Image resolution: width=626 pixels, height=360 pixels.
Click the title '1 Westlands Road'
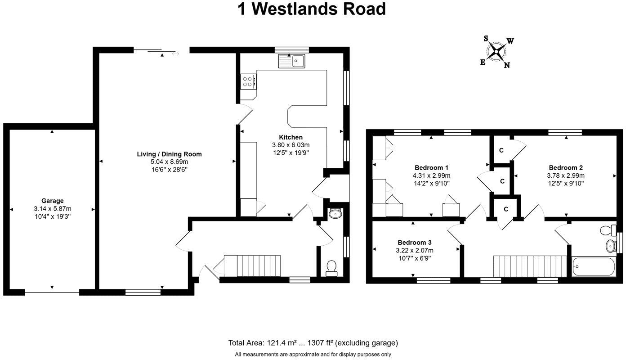[x=312, y=9]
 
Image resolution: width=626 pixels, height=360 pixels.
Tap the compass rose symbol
[x=496, y=51]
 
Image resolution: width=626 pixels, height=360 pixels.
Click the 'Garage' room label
[x=53, y=201]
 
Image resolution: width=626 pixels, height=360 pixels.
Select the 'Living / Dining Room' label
[x=169, y=154]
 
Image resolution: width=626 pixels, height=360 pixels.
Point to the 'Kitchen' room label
[x=291, y=137]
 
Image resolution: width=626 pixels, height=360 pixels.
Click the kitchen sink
[x=291, y=61]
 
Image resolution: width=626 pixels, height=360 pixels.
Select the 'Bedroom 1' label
[x=431, y=167]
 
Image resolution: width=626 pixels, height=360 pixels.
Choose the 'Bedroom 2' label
[x=566, y=167]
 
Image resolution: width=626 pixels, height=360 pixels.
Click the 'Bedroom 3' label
[x=414, y=242]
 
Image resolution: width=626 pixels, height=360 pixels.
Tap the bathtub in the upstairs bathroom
[x=593, y=266]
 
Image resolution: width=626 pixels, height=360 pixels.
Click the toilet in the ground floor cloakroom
[x=331, y=267]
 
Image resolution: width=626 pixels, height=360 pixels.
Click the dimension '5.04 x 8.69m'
[x=169, y=162]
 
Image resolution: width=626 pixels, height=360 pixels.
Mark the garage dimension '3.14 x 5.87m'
[x=53, y=209]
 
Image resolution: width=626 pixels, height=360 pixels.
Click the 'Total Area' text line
[x=313, y=343]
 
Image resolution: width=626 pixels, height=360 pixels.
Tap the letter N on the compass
[x=507, y=65]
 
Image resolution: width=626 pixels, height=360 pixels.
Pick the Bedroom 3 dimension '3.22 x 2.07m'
[x=414, y=250]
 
